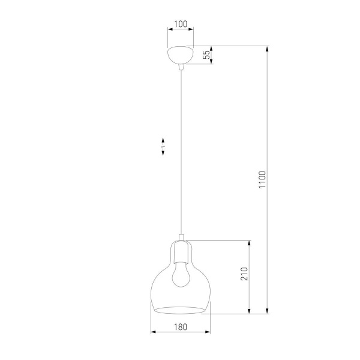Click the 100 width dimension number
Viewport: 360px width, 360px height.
coord(180,25)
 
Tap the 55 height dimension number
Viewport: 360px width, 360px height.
coord(206,55)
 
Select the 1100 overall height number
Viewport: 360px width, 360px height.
coord(262,179)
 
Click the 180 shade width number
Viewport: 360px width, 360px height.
coord(180,326)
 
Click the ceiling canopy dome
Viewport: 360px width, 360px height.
coord(180,56)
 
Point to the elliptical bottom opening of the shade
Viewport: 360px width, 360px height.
coord(179,310)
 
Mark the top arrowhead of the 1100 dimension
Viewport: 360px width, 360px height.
coord(268,48)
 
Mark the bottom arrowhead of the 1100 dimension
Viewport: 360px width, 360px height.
coord(268,311)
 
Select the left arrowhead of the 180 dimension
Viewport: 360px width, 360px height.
coord(152,332)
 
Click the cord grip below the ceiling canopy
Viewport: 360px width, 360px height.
coord(180,69)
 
